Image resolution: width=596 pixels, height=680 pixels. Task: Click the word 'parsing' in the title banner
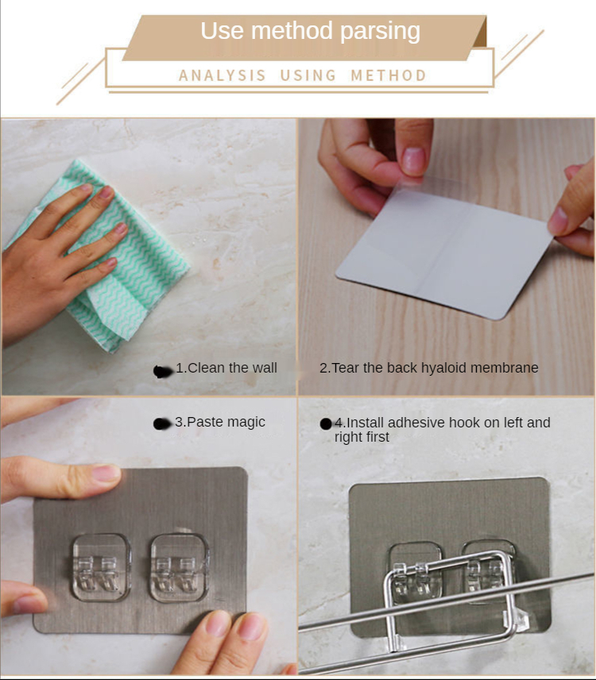point(380,31)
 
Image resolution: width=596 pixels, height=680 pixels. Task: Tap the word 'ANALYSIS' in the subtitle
point(222,75)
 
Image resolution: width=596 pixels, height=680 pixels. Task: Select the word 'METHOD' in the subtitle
point(389,75)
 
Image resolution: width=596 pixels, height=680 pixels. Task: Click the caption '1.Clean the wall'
point(226,368)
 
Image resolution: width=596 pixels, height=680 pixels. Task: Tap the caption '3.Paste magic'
point(220,422)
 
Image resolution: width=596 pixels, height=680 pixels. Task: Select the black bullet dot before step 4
point(326,423)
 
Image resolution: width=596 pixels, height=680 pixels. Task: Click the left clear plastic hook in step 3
point(101,568)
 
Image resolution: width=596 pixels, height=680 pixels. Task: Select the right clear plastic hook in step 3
point(179,568)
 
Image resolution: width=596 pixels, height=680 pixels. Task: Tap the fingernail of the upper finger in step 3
point(106,473)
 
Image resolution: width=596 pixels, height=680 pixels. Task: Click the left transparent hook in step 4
point(416,573)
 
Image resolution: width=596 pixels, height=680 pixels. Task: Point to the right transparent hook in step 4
point(490,568)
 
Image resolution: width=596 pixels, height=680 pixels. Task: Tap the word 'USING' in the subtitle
point(308,75)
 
